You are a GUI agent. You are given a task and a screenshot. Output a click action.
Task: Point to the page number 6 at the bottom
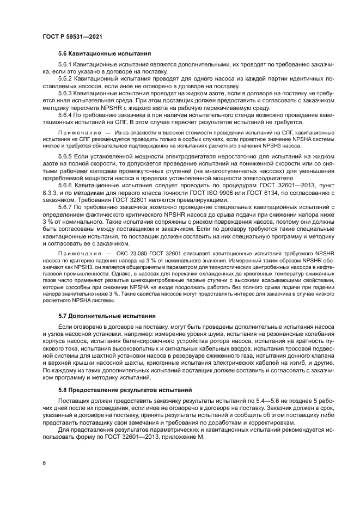tap(44, 463)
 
